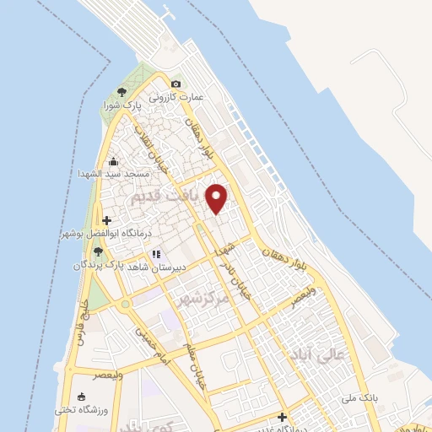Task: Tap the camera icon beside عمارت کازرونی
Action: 175,84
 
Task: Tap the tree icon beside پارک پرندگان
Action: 98,251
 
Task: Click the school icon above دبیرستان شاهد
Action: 155,254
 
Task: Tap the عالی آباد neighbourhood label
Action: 316,354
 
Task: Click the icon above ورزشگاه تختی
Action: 81,397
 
